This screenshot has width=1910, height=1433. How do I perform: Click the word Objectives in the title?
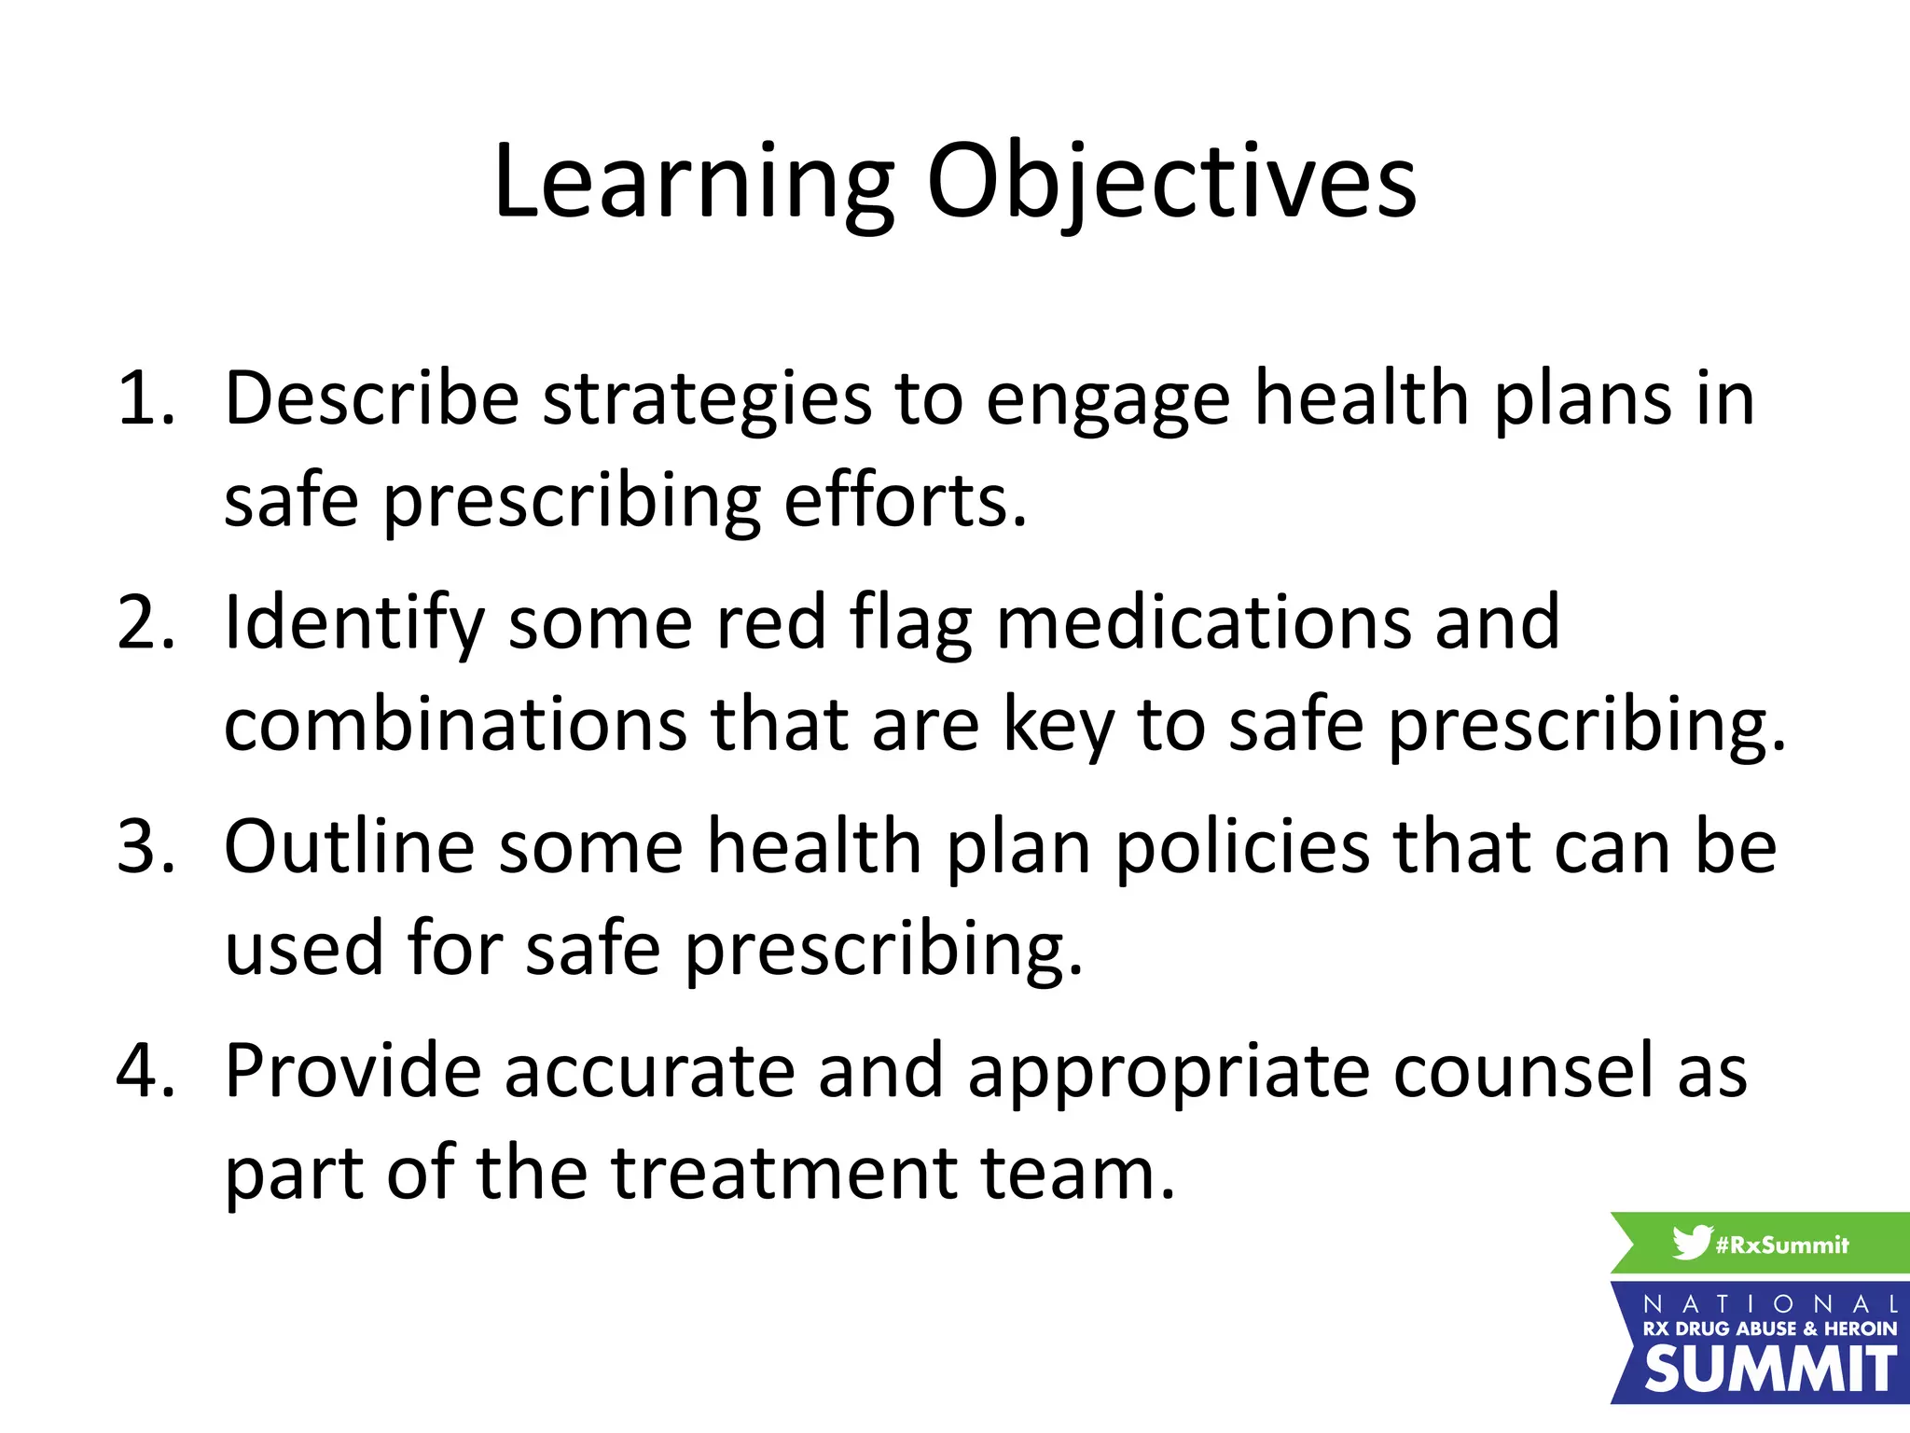[x=1171, y=183]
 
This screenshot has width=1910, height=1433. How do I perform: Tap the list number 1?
[x=145, y=399]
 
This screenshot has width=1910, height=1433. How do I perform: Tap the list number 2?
[x=145, y=623]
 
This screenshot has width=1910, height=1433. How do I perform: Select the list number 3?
[x=145, y=847]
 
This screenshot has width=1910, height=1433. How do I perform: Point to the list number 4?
[x=145, y=1071]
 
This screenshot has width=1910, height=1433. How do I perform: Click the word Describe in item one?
[x=371, y=399]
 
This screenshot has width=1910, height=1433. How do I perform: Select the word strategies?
[x=706, y=399]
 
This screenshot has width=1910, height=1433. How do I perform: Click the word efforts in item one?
[x=905, y=501]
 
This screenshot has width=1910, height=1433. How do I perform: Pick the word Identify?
[x=354, y=623]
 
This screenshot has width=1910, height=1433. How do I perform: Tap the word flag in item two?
[x=910, y=623]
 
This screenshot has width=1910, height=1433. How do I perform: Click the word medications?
[x=1203, y=623]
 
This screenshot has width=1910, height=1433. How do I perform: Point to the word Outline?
[x=349, y=847]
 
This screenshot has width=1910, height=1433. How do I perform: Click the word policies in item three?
[x=1242, y=847]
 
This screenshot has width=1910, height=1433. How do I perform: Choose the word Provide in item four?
[x=353, y=1071]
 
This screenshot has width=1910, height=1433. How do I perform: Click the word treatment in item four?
[x=784, y=1173]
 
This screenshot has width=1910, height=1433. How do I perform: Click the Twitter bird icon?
[x=1691, y=1243]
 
